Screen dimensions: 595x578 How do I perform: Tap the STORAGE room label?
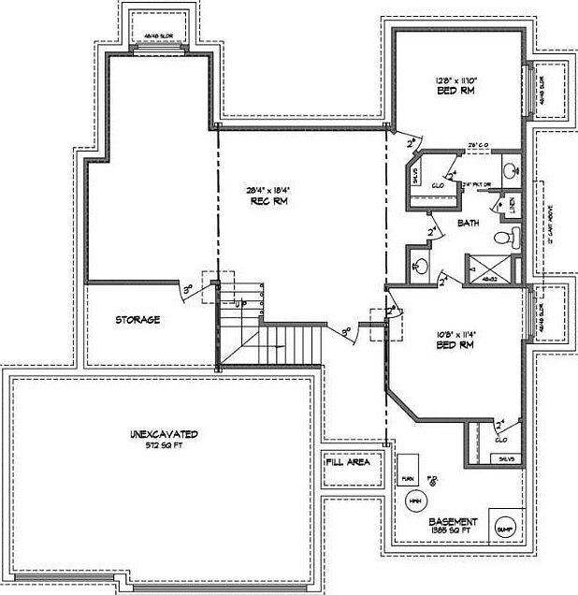pos(137,320)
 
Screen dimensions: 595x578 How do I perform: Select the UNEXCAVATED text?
pos(163,435)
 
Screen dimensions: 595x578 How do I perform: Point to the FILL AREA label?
pos(348,462)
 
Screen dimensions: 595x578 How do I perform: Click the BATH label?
pos(469,223)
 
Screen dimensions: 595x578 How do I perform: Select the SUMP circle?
pos(504,529)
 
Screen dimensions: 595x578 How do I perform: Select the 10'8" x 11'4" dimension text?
pos(455,333)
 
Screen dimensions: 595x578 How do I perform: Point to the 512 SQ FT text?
pos(163,446)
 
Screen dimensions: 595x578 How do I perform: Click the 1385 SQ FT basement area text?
pos(454,531)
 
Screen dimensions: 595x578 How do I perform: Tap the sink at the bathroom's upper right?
pos(511,170)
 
